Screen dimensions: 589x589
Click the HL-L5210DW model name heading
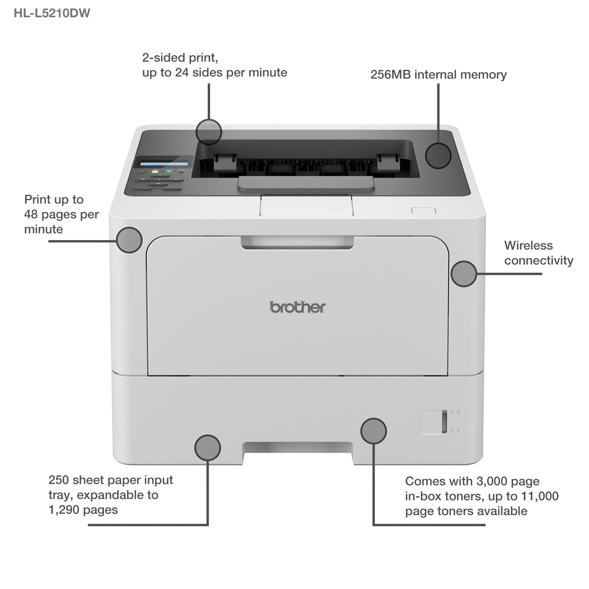[52, 13]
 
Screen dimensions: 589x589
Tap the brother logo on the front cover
[298, 307]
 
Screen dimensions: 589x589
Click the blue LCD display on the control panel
[163, 163]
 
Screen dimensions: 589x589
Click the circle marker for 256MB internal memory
[438, 156]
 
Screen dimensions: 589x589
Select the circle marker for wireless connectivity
[464, 274]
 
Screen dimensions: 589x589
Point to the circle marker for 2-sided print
[209, 132]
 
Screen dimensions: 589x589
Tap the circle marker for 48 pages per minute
[129, 240]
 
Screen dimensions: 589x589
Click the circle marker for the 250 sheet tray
[208, 448]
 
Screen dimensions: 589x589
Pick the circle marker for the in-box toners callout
[374, 431]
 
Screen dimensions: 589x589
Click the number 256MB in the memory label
[391, 75]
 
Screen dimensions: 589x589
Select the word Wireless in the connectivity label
[529, 245]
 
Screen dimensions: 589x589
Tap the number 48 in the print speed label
[31, 214]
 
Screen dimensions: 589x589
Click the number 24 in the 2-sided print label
[182, 73]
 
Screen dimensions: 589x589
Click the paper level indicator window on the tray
[444, 422]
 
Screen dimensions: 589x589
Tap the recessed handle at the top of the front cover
[297, 242]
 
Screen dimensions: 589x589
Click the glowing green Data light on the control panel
[168, 172]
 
